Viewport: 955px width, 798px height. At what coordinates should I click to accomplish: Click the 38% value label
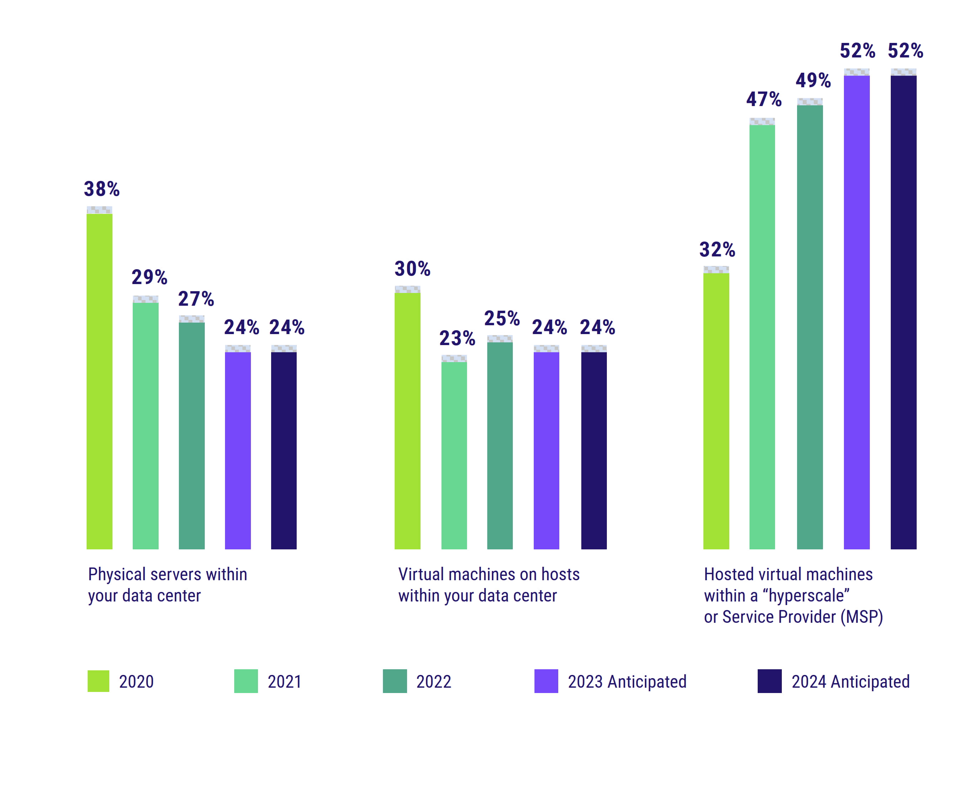tap(101, 189)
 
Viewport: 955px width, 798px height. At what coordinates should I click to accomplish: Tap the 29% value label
tap(149, 277)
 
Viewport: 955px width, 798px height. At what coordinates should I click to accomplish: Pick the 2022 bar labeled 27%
tap(191, 436)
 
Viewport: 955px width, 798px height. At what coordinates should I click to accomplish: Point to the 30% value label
tap(412, 269)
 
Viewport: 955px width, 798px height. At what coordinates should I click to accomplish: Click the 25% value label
tap(501, 318)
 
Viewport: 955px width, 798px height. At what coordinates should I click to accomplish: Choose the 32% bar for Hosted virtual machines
tap(716, 411)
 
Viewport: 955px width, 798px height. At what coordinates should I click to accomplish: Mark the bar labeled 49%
tap(809, 327)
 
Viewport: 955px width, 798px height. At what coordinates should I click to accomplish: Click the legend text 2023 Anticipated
tap(627, 682)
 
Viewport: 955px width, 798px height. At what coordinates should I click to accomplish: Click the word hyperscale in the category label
tap(808, 596)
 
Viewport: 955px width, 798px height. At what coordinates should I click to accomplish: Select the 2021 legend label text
tap(284, 682)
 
